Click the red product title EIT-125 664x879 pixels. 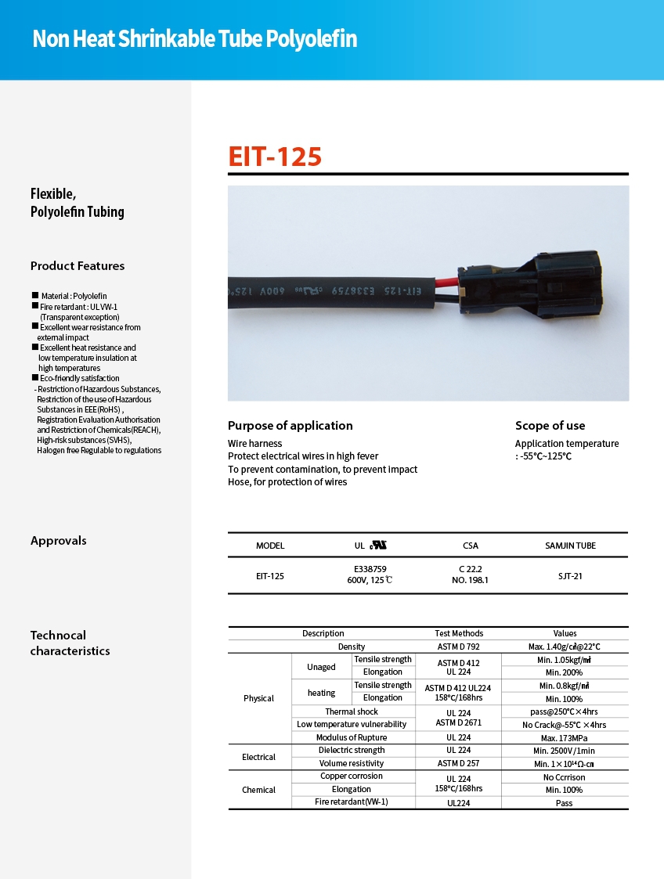coord(275,157)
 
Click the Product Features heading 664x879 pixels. coord(78,266)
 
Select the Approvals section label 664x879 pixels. coord(59,541)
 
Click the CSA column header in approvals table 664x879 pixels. coord(470,546)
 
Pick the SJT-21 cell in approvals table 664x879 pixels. coord(570,576)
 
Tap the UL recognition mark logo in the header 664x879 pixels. coord(380,545)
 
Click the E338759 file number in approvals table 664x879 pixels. coord(370,569)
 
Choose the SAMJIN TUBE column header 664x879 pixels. coord(570,546)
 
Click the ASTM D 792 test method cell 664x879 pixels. coord(459,647)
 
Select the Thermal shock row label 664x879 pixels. coord(352,711)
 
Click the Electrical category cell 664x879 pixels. coord(259,757)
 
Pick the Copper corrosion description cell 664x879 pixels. coord(352,776)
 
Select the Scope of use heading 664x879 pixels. coord(550,426)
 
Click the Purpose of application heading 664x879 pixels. coord(290,426)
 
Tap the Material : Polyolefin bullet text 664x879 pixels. coord(74,296)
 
